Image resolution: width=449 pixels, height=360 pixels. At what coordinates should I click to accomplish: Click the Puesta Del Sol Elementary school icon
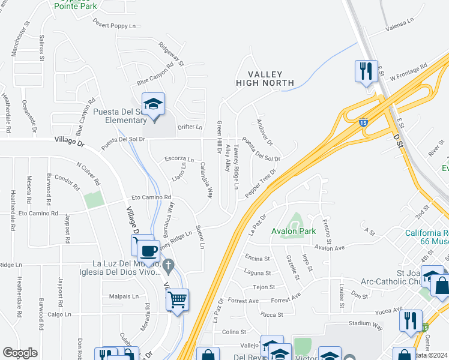[153, 105]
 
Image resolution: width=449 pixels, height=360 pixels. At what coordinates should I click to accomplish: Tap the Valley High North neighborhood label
[265, 78]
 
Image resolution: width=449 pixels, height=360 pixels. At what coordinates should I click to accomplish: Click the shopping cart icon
[177, 299]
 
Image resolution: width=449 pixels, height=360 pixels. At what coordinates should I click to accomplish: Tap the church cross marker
[169, 265]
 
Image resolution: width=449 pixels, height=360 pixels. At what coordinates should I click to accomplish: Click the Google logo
[20, 353]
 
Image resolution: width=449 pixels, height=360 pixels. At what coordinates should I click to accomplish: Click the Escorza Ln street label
[179, 160]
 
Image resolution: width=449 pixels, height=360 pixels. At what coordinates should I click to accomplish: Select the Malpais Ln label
[124, 296]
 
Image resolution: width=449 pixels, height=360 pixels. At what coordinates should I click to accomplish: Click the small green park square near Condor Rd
[93, 200]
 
